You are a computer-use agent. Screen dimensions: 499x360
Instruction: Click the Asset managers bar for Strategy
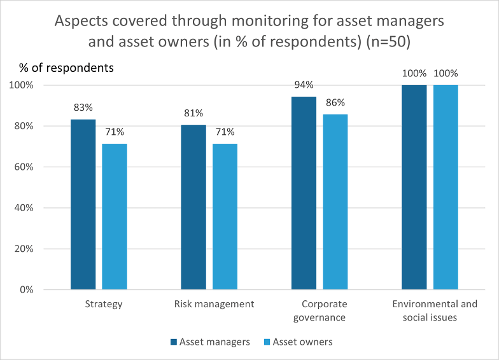pos(83,205)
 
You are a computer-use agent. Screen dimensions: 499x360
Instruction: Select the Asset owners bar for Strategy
pos(115,216)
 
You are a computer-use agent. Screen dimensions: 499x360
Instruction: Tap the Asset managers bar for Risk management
pos(193,207)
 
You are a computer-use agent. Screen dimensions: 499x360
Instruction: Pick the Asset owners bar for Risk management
pos(225,216)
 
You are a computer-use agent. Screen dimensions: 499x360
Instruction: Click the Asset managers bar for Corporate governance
pos(304,193)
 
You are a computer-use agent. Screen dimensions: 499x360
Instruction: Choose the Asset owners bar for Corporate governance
pos(335,202)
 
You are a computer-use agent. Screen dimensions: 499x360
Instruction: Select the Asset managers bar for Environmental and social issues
pos(414,187)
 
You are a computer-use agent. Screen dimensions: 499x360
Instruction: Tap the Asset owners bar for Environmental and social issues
pos(446,187)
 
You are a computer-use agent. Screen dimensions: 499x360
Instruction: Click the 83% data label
pos(83,107)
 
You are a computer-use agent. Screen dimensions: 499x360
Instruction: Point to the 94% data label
pos(304,85)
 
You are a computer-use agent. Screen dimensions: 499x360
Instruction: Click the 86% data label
pos(335,102)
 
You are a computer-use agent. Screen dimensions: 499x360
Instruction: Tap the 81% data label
pos(193,113)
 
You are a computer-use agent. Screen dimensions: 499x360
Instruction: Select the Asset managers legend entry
pos(210,342)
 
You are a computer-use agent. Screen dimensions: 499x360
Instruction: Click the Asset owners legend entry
pos(298,342)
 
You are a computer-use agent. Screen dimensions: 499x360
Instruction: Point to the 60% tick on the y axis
pos(24,167)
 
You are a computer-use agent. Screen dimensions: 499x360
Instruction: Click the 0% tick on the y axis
pos(27,290)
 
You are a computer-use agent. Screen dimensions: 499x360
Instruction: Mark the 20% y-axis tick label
pos(24,249)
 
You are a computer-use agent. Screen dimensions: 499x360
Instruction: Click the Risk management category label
pos(214,304)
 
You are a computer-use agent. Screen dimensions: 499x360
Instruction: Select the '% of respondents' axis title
pos(66,67)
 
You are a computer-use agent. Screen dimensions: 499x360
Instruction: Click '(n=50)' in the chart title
pos(388,42)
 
